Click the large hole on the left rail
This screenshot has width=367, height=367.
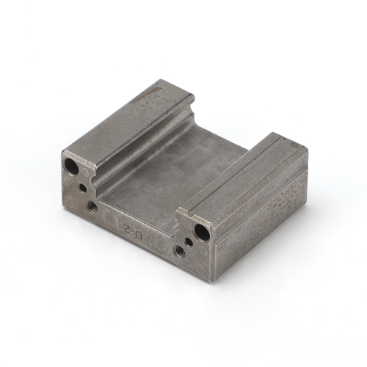(71, 166)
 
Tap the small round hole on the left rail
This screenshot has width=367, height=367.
(83, 188)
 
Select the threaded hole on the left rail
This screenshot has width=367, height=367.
(92, 206)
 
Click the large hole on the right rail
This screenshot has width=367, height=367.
(202, 230)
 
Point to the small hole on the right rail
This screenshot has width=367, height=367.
(189, 241)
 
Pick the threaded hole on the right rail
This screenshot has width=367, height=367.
(179, 252)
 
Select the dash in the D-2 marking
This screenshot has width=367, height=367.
(133, 231)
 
